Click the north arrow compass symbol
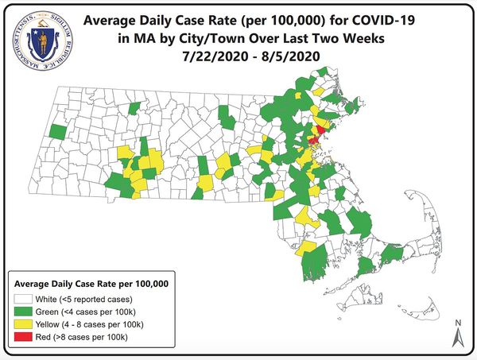point(458,337)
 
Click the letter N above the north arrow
point(458,323)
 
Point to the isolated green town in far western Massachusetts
point(57,130)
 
